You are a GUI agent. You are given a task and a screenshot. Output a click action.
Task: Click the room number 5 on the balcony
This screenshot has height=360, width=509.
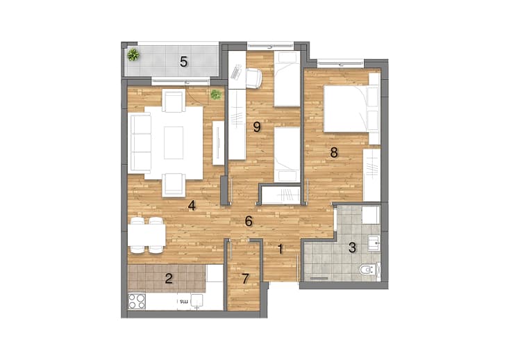184,61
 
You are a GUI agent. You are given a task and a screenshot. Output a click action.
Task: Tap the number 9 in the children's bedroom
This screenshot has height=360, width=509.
257,126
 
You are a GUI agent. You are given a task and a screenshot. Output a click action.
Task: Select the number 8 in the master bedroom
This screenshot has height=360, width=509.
334,152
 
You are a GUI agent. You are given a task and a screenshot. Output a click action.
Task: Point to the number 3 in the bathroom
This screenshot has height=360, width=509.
352,247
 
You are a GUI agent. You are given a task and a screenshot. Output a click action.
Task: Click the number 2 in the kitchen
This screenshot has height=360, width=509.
169,279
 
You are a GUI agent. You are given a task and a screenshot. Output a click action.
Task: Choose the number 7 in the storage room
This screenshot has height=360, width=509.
245,279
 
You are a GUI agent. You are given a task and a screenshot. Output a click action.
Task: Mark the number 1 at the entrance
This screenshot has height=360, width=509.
281,249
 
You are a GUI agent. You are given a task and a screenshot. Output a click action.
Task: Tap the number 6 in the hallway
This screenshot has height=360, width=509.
249,221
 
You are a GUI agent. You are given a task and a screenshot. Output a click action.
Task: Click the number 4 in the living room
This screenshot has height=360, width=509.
192,205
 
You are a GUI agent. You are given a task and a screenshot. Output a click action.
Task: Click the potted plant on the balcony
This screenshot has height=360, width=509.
133,55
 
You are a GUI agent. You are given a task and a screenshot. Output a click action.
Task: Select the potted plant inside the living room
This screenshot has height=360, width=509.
215,95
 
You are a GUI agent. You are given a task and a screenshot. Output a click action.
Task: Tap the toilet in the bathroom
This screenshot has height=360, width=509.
369,270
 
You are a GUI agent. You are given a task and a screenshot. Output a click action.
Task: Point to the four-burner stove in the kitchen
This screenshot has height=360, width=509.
137,301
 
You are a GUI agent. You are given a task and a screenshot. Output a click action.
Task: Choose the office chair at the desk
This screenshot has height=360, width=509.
254,79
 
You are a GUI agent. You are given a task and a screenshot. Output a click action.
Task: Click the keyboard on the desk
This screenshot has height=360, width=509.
236,72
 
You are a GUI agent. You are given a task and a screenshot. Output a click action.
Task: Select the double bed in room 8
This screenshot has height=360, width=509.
351,108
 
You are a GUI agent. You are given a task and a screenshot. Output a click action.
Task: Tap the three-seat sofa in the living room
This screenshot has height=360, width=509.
140,143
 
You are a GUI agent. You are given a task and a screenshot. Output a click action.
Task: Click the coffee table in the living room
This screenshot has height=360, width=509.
174,143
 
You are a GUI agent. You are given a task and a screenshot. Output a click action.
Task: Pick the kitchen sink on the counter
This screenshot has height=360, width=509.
197,300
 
